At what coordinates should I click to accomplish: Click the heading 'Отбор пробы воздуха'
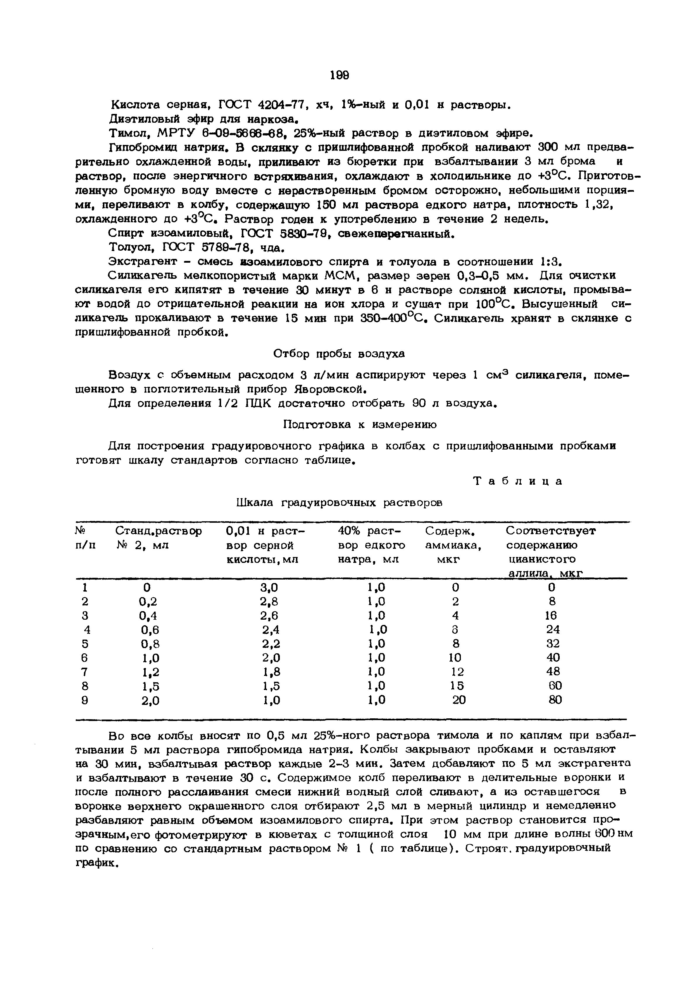click(x=340, y=354)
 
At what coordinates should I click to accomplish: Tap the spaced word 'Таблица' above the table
click(x=518, y=481)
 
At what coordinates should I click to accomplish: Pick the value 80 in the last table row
click(x=555, y=700)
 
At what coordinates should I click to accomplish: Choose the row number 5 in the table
click(x=85, y=644)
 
